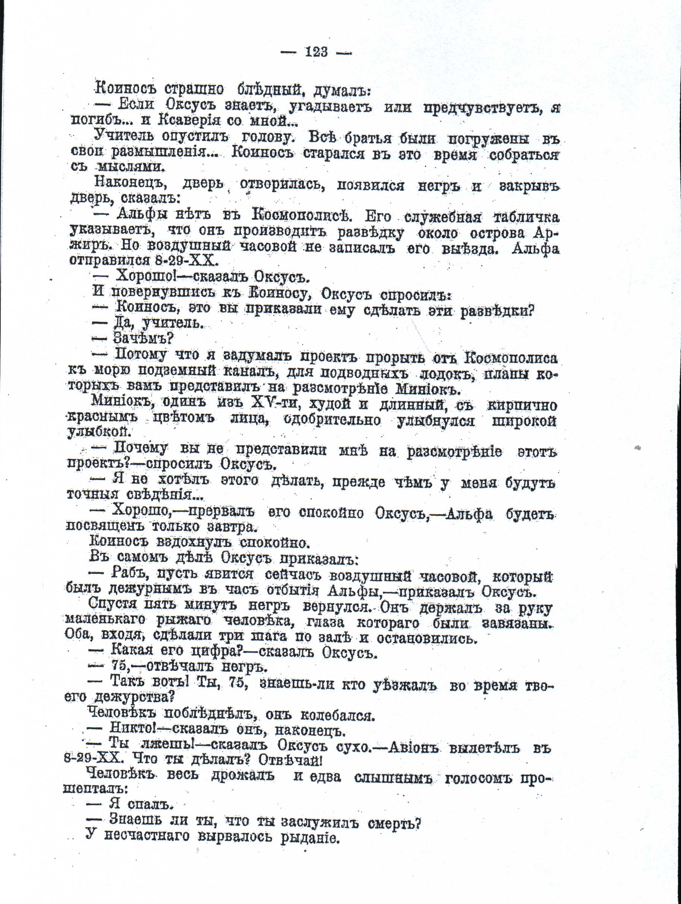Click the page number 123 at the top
[316, 52]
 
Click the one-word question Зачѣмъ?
[143, 339]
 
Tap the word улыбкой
[98, 432]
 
